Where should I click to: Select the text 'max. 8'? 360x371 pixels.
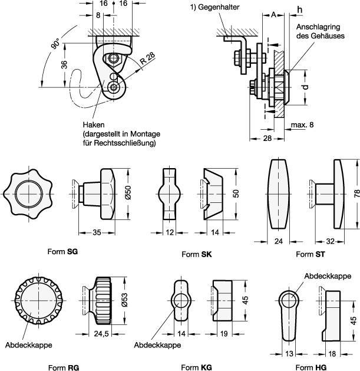pos(303,125)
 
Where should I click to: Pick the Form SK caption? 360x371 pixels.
pos(194,254)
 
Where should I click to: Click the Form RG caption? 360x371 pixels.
pos(65,367)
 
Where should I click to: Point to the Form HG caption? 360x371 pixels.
pos(309,367)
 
